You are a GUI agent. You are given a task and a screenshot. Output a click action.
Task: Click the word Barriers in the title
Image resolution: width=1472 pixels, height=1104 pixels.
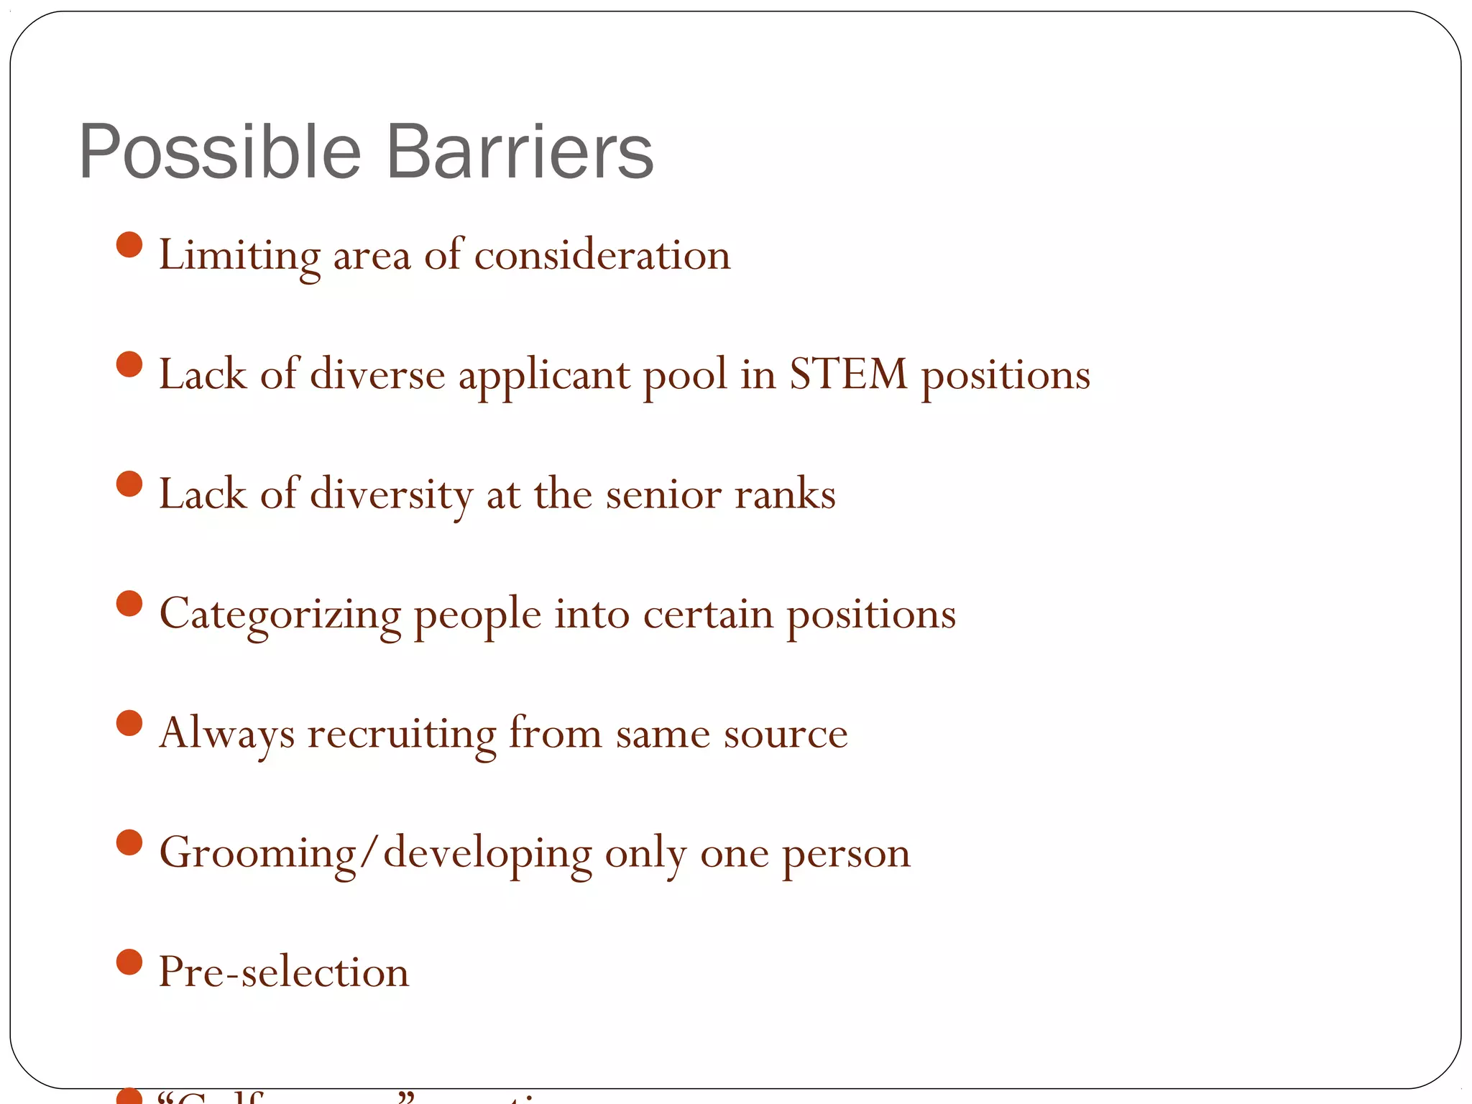click(x=520, y=152)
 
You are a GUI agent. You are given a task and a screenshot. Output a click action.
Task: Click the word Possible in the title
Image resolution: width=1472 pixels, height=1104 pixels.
click(x=220, y=152)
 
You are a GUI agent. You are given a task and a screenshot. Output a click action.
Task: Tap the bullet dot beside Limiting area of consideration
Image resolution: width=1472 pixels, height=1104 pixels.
click(x=129, y=244)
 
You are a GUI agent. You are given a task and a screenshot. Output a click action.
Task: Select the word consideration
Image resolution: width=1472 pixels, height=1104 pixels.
click(x=602, y=255)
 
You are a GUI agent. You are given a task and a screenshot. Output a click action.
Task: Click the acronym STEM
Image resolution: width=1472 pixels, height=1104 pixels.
click(x=849, y=374)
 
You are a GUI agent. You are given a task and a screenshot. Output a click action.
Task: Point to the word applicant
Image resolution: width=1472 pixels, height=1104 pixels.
click(x=544, y=376)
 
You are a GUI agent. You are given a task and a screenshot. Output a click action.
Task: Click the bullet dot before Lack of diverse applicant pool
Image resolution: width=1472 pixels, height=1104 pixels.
click(x=129, y=364)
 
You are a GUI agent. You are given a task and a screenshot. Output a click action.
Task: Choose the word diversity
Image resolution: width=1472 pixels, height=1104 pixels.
click(x=391, y=494)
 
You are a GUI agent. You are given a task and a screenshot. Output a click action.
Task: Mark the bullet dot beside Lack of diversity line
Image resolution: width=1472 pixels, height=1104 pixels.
click(x=129, y=484)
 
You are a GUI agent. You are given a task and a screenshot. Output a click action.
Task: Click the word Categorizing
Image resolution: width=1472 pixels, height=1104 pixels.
click(x=280, y=615)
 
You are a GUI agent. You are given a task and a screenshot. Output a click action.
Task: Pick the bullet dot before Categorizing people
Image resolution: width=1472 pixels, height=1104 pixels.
click(x=129, y=603)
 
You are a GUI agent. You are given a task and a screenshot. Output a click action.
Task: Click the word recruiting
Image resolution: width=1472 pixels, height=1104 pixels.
click(x=402, y=734)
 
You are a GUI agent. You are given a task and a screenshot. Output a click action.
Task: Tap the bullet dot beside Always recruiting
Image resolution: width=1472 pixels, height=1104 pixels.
click(x=129, y=723)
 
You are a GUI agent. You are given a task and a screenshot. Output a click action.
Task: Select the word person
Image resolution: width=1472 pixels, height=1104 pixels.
click(x=846, y=853)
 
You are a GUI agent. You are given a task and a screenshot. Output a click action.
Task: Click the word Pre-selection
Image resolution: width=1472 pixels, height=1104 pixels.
click(x=284, y=972)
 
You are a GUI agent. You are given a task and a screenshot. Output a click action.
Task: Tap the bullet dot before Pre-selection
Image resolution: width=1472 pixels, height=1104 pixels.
click(x=129, y=962)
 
